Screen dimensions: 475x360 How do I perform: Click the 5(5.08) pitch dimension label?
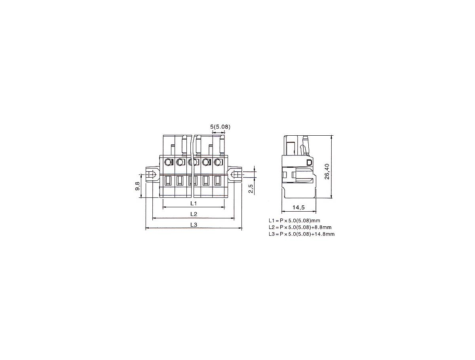coord(220,127)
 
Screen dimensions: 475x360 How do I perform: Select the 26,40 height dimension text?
coord(327,171)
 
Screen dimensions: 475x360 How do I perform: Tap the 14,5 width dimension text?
coord(298,208)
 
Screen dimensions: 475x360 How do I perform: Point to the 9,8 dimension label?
coord(137,186)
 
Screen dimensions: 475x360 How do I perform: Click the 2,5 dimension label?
coord(251,189)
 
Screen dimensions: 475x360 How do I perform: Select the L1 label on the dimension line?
coord(194,203)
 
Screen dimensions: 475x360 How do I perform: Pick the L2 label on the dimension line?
coord(194,214)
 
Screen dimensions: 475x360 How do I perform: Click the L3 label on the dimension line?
coord(194,225)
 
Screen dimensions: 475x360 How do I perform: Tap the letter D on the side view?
coord(310,162)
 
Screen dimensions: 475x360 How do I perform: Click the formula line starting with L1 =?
coord(294,220)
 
